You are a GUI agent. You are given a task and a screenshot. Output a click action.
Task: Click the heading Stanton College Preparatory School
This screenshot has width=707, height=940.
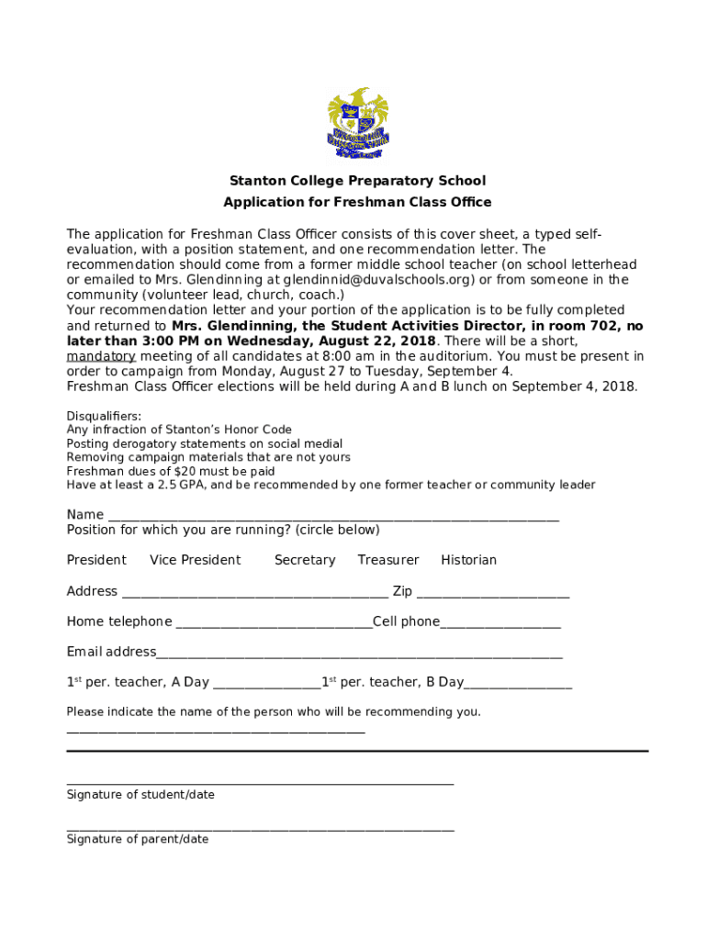point(357,181)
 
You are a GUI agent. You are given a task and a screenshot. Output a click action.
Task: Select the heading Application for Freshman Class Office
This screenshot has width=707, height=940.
point(357,202)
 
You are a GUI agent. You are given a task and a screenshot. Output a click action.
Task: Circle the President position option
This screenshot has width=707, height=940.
point(96,560)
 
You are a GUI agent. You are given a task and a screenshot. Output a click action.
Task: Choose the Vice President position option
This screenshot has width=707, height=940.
point(195,560)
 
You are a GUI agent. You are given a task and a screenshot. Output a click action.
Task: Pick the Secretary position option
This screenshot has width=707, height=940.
point(305,560)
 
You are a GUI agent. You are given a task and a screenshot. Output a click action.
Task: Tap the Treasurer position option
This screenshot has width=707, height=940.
point(388,560)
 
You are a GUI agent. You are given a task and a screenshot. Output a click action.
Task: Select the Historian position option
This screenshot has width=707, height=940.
point(468,560)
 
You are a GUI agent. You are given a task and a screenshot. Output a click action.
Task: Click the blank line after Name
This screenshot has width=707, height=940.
point(333,517)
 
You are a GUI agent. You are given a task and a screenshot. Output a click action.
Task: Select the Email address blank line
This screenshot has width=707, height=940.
point(359,655)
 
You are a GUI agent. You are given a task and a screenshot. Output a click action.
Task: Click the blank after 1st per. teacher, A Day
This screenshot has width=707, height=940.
point(266,685)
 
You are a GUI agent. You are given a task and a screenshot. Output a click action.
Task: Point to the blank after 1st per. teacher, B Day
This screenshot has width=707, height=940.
point(518,685)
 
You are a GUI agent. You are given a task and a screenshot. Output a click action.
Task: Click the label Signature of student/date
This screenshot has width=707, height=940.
point(140,795)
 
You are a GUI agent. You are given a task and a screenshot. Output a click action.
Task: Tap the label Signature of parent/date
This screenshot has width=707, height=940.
point(138,839)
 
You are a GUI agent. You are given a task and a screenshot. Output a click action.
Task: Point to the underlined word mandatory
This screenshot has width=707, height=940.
point(101,356)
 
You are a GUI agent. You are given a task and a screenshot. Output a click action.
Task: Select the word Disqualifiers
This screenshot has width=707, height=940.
point(104,416)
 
